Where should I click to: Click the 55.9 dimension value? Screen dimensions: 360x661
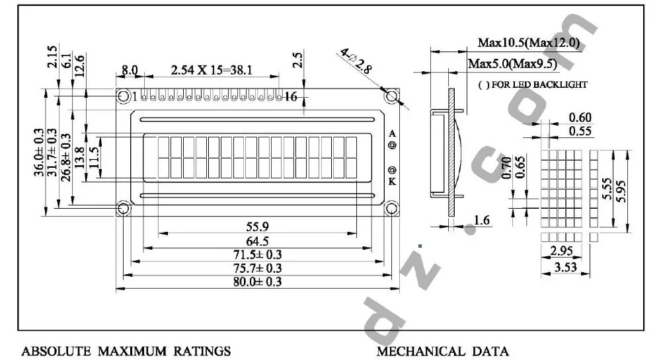pyautogui.click(x=257, y=227)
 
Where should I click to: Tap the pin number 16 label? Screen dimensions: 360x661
pyautogui.click(x=290, y=97)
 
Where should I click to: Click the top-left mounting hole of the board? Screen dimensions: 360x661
pyautogui.click(x=124, y=96)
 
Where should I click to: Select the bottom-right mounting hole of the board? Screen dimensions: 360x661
pyautogui.click(x=392, y=209)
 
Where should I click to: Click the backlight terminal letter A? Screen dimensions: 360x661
pyautogui.click(x=392, y=133)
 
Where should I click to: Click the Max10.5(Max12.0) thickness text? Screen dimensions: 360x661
pyautogui.click(x=529, y=44)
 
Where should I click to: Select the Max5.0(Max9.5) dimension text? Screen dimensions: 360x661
pyautogui.click(x=512, y=63)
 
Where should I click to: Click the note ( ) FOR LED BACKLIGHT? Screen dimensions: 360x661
pyautogui.click(x=531, y=85)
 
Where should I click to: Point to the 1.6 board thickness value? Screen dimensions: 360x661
pyautogui.click(x=481, y=221)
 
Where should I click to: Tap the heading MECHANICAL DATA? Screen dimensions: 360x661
pyautogui.click(x=443, y=351)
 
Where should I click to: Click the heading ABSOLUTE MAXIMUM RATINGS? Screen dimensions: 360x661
pyautogui.click(x=126, y=351)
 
